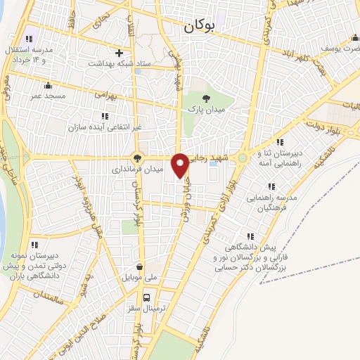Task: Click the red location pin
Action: [x=181, y=165]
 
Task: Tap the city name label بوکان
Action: [x=200, y=27]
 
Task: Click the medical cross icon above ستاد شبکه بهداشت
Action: [x=119, y=53]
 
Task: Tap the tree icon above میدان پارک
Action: [x=206, y=99]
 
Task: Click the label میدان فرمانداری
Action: [x=139, y=169]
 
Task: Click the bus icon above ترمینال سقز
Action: [x=148, y=297]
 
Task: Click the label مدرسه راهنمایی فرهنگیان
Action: [x=272, y=204]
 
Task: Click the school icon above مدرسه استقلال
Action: [x=28, y=39]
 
